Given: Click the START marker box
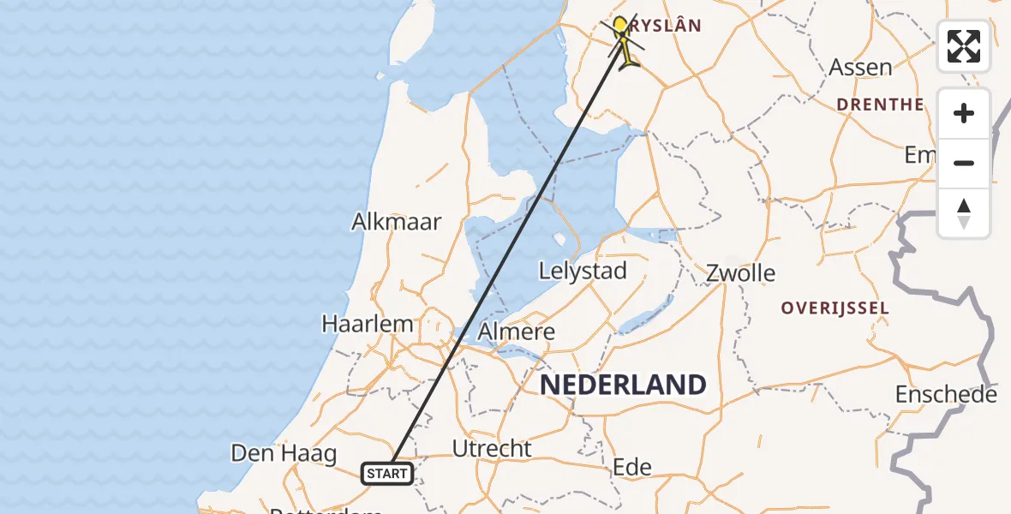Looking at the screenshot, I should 387,473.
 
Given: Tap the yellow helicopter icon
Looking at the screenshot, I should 628,54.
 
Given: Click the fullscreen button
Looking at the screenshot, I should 964,46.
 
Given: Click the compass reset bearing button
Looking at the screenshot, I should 964,213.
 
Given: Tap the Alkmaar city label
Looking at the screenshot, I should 397,222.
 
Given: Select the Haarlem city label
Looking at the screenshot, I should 368,325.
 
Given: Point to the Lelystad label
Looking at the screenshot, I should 583,272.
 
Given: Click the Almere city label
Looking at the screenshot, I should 516,332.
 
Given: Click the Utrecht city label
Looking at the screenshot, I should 492,449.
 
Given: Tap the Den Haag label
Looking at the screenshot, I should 284,453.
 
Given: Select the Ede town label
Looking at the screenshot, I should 632,468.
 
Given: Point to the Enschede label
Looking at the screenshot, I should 946,395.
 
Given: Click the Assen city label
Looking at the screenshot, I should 860,68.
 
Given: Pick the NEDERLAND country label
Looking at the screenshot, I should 623,385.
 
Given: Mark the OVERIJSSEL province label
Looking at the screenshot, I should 835,308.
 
